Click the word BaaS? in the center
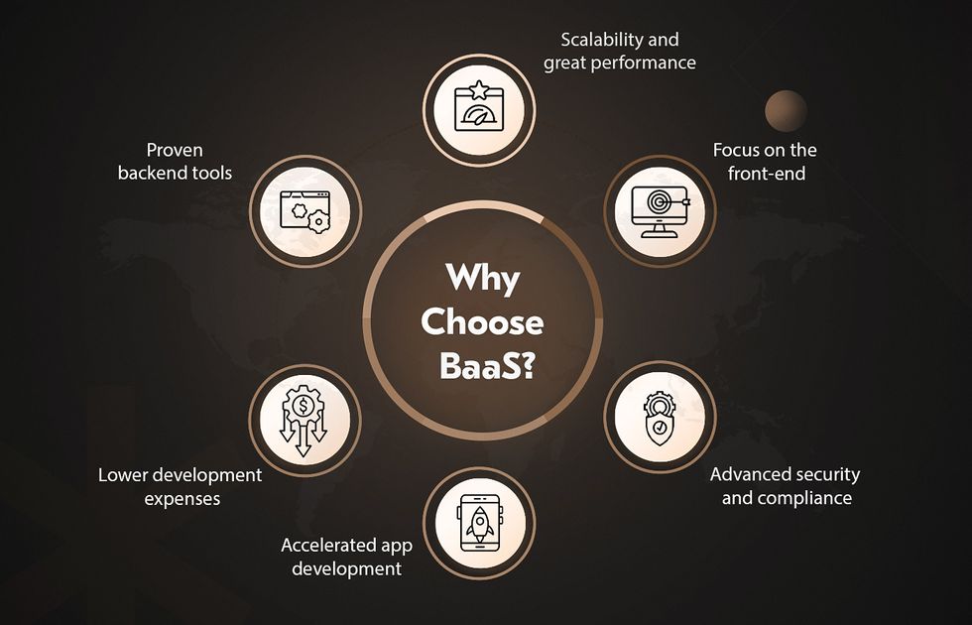(x=487, y=366)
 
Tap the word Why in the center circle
(x=482, y=279)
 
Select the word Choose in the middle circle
(x=482, y=321)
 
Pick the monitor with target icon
(x=660, y=211)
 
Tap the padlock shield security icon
(x=660, y=418)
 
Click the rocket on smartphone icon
(x=479, y=523)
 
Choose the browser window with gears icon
(x=305, y=211)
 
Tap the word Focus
(x=734, y=150)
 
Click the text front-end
(x=766, y=174)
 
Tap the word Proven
(x=175, y=150)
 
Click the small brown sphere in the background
(x=786, y=111)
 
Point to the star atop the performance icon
(x=478, y=90)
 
